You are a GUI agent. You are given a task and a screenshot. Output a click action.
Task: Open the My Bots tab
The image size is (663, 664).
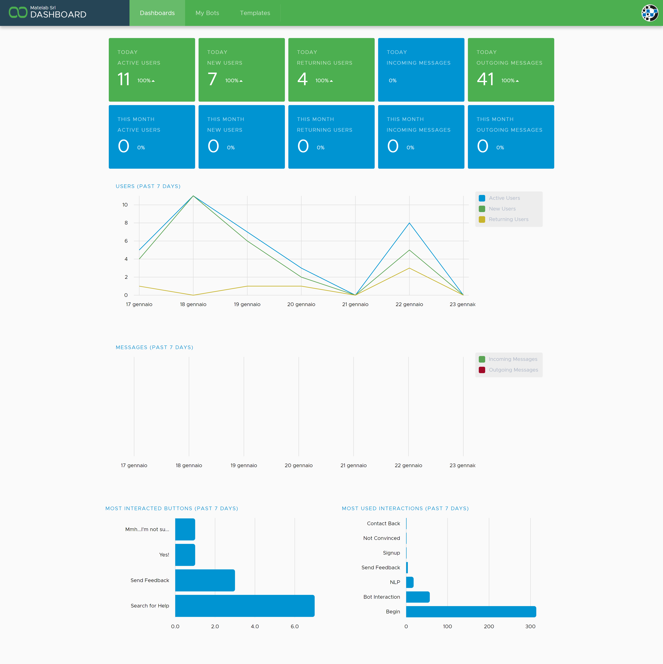coord(207,13)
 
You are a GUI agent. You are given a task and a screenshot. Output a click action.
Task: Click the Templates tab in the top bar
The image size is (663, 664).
coord(255,13)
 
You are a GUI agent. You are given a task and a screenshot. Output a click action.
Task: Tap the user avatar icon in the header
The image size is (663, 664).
coord(650,13)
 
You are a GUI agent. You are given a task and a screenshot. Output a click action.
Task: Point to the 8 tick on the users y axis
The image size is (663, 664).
coord(126,223)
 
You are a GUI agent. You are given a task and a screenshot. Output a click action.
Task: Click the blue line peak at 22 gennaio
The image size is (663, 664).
coord(409,223)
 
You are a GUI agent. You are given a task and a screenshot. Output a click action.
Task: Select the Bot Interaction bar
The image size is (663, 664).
coord(418,597)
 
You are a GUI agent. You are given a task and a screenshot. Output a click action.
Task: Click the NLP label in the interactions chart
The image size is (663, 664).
coord(395,582)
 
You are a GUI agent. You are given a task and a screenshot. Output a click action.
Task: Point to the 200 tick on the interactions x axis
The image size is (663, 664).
coord(489,626)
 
